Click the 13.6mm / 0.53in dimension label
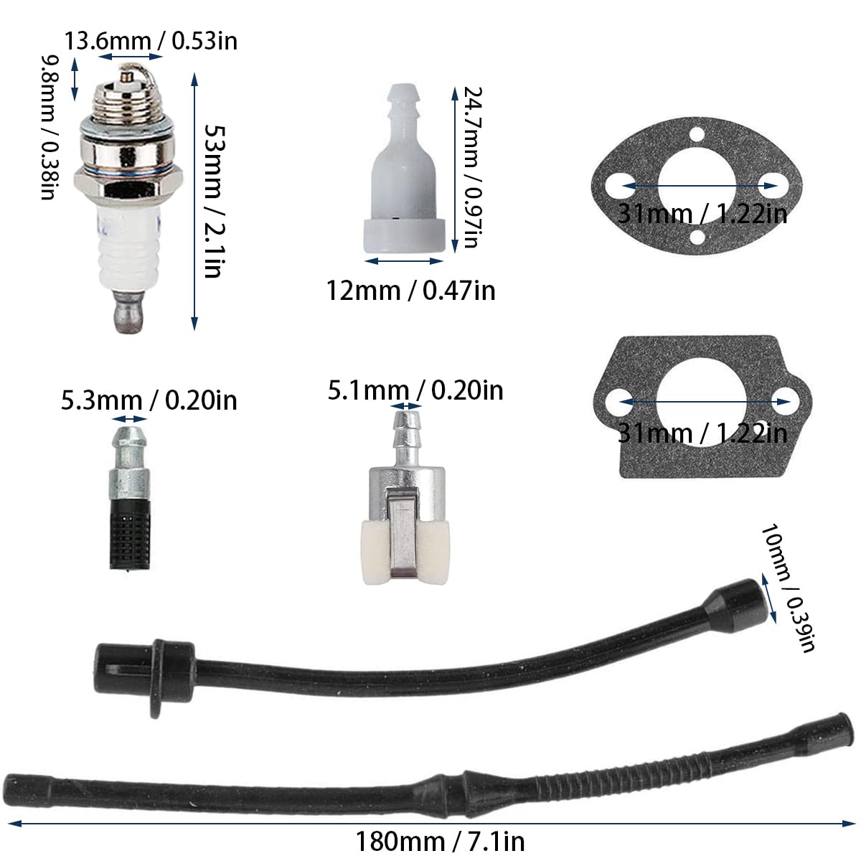tap(151, 41)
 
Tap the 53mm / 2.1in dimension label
tap(214, 201)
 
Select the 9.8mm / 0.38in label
tap(50, 128)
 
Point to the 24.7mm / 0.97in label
tap(472, 167)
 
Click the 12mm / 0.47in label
tap(410, 291)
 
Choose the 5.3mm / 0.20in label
tap(149, 400)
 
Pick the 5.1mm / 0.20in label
tap(415, 390)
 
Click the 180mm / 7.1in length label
tap(440, 842)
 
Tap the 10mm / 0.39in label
tap(788, 589)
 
